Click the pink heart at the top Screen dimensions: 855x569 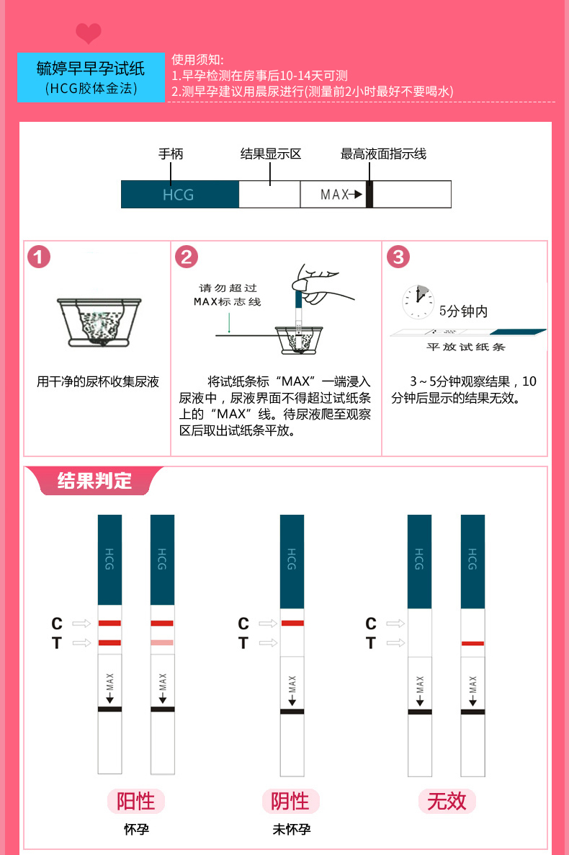[89, 33]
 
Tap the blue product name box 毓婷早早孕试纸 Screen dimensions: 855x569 [91, 77]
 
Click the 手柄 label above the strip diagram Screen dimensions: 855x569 [171, 154]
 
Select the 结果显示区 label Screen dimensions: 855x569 [270, 154]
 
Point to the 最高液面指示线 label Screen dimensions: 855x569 [383, 154]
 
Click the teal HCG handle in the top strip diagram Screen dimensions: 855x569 [179, 195]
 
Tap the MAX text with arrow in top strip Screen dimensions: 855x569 [341, 195]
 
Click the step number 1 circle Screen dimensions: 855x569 [39, 257]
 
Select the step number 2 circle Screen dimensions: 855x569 [187, 257]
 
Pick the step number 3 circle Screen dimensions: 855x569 [398, 257]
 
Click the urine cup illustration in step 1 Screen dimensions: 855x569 [98, 322]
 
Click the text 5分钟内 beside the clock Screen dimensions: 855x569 [463, 311]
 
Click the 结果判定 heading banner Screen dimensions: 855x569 [94, 481]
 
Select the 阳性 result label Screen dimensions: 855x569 [136, 801]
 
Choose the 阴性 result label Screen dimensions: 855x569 [290, 801]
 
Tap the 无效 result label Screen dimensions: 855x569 [447, 801]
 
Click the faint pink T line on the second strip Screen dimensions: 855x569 [162, 642]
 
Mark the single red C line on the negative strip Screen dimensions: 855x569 [292, 623]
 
